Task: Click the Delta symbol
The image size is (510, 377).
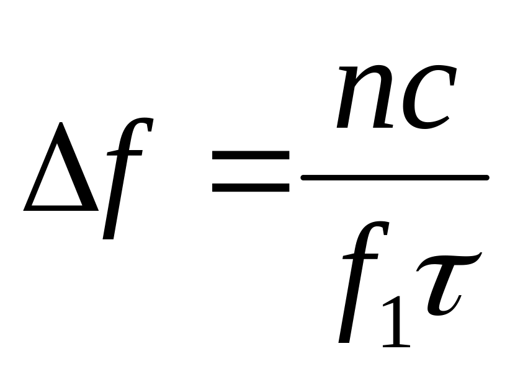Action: [60, 171]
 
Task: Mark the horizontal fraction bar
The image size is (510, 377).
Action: [395, 178]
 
